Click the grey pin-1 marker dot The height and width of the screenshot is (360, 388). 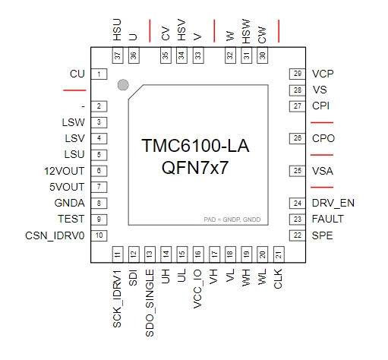[123, 85]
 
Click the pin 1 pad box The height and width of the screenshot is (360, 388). [99, 74]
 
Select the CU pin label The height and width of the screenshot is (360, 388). [77, 74]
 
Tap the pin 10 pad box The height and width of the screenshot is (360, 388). [99, 235]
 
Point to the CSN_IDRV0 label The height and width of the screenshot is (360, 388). [55, 235]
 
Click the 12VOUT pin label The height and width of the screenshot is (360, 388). [65, 171]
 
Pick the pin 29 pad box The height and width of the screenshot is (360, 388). [298, 74]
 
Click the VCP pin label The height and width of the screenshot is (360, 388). [323, 74]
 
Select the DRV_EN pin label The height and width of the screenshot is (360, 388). [333, 204]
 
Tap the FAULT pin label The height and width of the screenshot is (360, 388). [328, 219]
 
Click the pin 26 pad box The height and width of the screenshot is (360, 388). [298, 138]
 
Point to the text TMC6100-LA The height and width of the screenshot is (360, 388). [195, 146]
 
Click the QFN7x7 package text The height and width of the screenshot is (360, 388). [195, 168]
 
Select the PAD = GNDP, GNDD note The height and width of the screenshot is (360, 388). [232, 219]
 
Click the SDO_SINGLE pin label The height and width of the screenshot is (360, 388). [150, 303]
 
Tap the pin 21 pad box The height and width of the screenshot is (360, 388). [279, 254]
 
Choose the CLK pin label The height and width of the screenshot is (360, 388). [278, 279]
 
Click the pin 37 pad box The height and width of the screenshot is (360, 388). [118, 55]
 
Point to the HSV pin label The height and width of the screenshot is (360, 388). [181, 30]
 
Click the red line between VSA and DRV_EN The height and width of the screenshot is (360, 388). [322, 188]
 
